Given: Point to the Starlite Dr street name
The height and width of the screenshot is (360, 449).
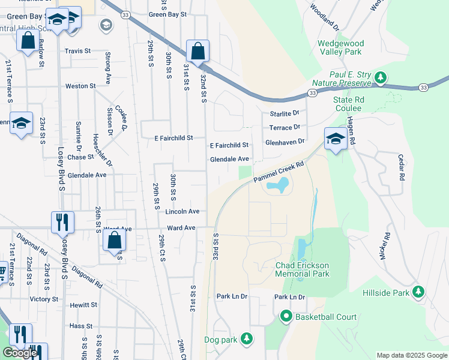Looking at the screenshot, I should coord(284,113).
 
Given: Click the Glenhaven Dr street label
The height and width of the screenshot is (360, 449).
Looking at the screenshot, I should coord(285,142).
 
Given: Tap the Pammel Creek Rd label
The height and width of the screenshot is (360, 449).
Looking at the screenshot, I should coord(279,171).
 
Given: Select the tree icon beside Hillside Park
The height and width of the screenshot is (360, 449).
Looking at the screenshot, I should coord(419,292).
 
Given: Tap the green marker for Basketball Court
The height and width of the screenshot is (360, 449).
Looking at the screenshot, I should coord(286,316).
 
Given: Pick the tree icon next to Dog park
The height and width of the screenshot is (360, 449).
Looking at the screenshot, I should coord(246,339).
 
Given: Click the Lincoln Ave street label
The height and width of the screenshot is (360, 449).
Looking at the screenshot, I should coord(182,212).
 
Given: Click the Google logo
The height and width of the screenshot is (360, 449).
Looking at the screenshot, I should coord(20,353).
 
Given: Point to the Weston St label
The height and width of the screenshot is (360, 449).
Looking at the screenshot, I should coord(80,86).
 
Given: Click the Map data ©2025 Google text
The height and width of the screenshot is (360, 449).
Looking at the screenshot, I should coord(411,355).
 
